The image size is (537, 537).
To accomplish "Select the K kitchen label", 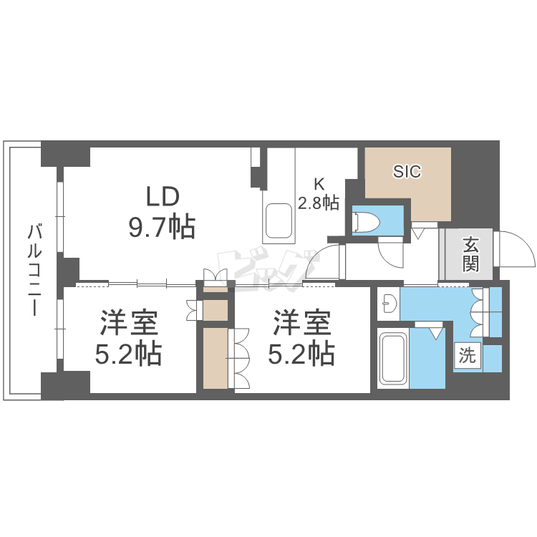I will pos(318,182).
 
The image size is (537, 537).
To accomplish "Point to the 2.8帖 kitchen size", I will pos(318,203).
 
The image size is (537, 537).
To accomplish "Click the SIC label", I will pos(407,171).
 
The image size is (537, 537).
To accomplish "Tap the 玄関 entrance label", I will pos(470,253).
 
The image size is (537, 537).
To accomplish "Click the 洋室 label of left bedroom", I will pos(129,324).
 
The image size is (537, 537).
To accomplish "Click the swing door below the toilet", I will pos(391,251).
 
